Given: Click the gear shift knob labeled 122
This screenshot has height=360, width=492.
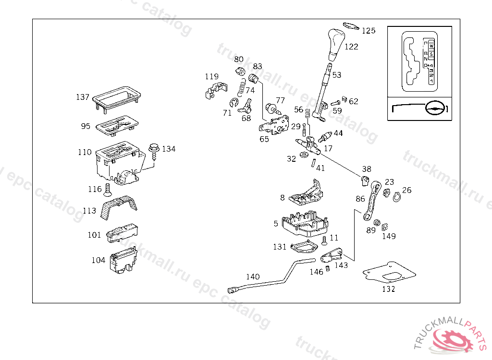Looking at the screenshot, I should pos(335,42).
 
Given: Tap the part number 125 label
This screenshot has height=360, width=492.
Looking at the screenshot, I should pos(369,31).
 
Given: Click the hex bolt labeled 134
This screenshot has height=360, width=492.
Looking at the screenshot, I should pos(154,151).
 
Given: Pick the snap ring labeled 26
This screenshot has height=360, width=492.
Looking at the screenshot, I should pos(397,197).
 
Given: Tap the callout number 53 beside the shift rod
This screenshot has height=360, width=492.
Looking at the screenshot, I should pos(336,75).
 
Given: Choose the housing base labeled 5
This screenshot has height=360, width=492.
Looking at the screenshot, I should pos(305,225).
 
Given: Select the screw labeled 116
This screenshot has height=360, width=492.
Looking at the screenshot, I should pos(107,190).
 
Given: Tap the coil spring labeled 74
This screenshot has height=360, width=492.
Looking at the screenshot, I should pos(241,87).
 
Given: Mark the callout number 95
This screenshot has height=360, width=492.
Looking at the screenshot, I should pos(86,126).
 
